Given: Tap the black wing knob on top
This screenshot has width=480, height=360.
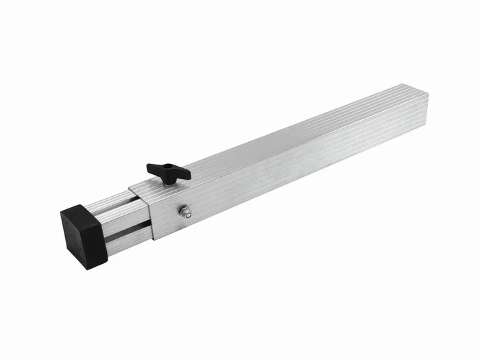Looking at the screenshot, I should tap(168, 171).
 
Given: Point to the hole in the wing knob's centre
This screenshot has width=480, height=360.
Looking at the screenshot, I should tap(167, 169).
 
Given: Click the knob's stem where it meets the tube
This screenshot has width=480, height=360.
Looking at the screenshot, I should tap(167, 180).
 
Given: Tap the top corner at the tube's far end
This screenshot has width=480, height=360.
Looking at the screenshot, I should tap(406, 84).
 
